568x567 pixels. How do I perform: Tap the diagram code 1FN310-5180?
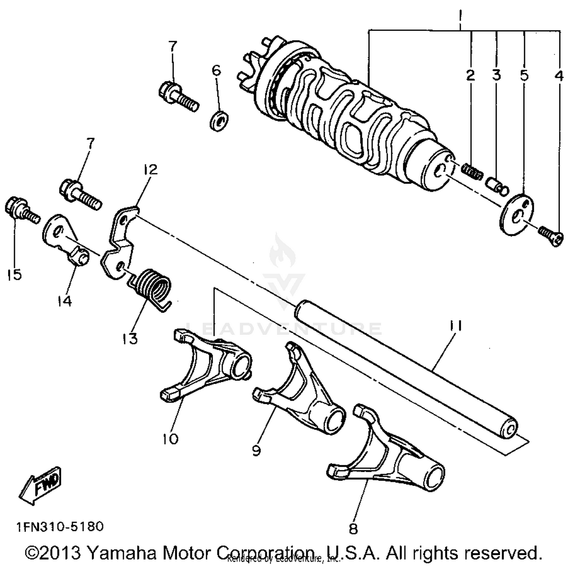[59, 526]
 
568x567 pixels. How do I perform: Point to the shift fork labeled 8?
[390, 454]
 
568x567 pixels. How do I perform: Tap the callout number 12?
[150, 169]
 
